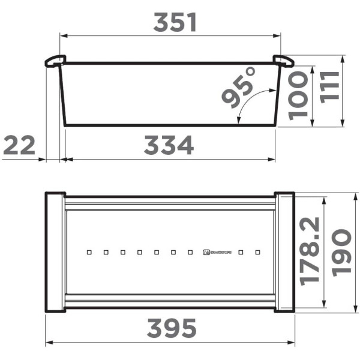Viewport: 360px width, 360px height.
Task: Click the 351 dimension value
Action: tap(175, 23)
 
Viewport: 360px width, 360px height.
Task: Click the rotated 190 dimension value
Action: tap(341, 251)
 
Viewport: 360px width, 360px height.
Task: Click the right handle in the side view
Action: tap(283, 61)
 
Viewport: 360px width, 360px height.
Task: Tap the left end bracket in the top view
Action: tap(55, 252)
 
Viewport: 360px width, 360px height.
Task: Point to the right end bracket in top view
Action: tap(284, 252)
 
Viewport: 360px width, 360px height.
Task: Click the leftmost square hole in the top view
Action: tap(89, 253)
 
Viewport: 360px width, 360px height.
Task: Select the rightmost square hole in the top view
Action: tap(258, 253)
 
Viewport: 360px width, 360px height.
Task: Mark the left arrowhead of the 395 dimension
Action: tap(49, 343)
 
